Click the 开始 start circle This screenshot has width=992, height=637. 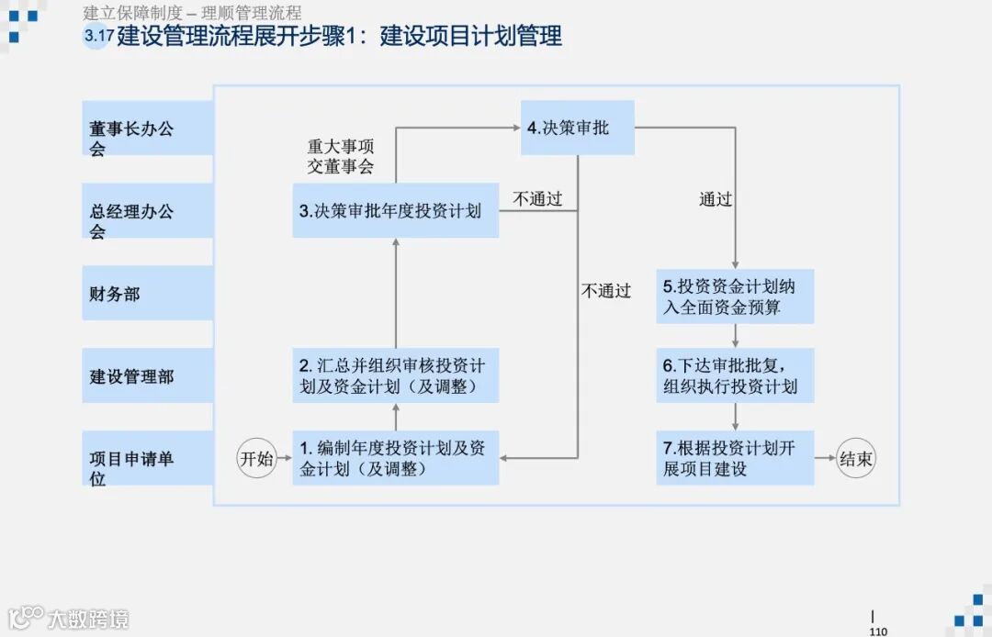point(257,459)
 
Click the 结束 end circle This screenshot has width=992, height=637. point(855,459)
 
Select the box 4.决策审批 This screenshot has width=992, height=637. point(578,128)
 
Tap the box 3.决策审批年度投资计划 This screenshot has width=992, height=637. point(395,210)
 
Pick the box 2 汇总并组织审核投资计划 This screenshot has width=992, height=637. point(395,375)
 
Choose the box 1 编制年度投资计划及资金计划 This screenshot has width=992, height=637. point(395,458)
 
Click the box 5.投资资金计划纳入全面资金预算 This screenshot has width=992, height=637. point(735,296)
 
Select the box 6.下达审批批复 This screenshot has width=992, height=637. point(735,374)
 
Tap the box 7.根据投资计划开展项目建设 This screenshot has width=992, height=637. point(735,458)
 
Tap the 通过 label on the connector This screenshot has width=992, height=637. point(716,199)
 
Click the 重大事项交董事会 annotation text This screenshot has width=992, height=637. point(341,156)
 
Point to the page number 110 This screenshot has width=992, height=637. point(878,631)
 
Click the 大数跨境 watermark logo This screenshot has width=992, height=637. point(69,618)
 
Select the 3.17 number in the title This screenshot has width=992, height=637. point(97,37)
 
